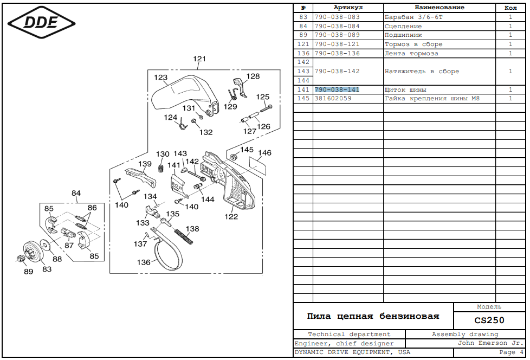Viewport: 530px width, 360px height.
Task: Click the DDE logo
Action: [x=41, y=23]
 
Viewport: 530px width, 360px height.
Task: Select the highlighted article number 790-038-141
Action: [x=337, y=89]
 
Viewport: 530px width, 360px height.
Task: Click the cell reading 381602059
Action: [x=333, y=99]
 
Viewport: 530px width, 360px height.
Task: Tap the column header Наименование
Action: [x=439, y=8]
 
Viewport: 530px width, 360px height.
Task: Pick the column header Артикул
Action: [x=348, y=8]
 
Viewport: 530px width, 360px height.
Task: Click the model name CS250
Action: [x=489, y=320]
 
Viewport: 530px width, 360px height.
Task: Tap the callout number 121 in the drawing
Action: [x=199, y=59]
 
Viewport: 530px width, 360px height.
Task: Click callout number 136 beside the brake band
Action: [x=144, y=262]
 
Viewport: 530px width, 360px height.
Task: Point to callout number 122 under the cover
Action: [x=231, y=217]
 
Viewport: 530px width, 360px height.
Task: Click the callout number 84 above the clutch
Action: [x=76, y=193]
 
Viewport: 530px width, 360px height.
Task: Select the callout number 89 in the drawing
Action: [x=28, y=271]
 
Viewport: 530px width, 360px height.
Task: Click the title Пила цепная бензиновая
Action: [x=373, y=316]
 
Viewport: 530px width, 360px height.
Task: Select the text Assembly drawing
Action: [x=464, y=335]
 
